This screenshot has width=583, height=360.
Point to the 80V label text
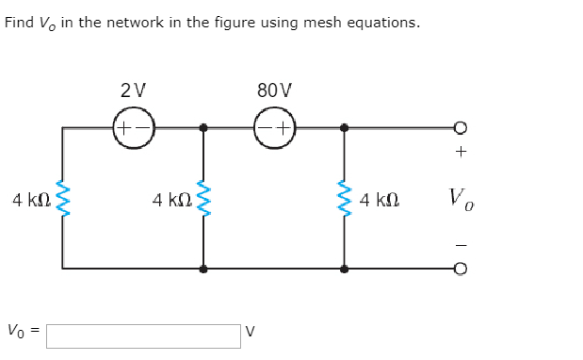274,91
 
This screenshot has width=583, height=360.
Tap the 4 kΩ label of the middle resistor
172,199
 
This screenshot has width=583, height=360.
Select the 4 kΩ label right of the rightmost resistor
380,199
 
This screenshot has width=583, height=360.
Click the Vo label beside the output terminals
456,198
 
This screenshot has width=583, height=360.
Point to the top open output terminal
461,127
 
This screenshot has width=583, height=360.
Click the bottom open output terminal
461,269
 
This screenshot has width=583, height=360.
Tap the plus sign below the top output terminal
461,151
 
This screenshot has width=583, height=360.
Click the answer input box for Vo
143,334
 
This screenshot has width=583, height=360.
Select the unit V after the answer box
250,334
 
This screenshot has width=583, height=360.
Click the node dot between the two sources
203,127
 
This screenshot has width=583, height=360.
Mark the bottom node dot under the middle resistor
203,269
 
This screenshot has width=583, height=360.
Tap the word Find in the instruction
19,23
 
